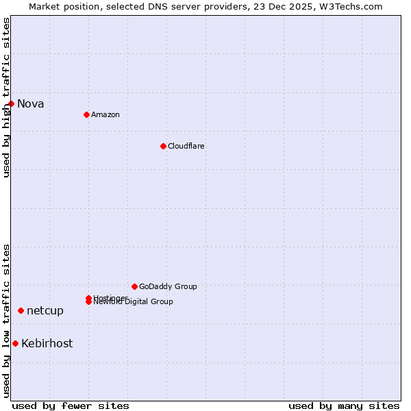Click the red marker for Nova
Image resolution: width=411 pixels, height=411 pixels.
[x=12, y=103]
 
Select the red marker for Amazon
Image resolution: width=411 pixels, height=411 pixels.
[x=86, y=114]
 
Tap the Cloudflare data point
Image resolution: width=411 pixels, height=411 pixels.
[x=163, y=146]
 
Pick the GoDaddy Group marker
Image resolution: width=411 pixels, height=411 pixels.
[x=134, y=286]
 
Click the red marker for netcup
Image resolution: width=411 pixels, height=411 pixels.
[x=21, y=310]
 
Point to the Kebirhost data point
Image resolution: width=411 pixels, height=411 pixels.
[x=15, y=343]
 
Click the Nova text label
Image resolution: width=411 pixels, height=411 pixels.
[x=30, y=104]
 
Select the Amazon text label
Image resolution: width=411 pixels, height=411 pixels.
[x=105, y=114]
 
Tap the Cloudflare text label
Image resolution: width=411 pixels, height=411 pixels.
[x=186, y=146]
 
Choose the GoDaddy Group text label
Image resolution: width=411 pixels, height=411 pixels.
[x=168, y=286]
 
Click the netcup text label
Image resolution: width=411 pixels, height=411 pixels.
[x=45, y=311]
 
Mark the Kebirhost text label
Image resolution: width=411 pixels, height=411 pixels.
[x=47, y=344]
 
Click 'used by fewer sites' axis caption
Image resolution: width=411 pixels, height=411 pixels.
[x=71, y=406]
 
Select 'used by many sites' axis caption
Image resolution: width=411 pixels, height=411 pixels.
[x=344, y=406]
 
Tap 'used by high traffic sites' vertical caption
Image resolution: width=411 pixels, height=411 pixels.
[x=6, y=97]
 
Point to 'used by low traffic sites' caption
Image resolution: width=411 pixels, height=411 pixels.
[x=6, y=321]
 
